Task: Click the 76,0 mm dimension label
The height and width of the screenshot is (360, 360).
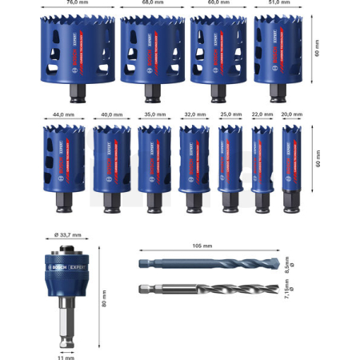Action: (x=77, y=3)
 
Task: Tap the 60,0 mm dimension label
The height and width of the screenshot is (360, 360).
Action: (x=218, y=3)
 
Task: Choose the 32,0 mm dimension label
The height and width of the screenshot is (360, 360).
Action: (x=193, y=114)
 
